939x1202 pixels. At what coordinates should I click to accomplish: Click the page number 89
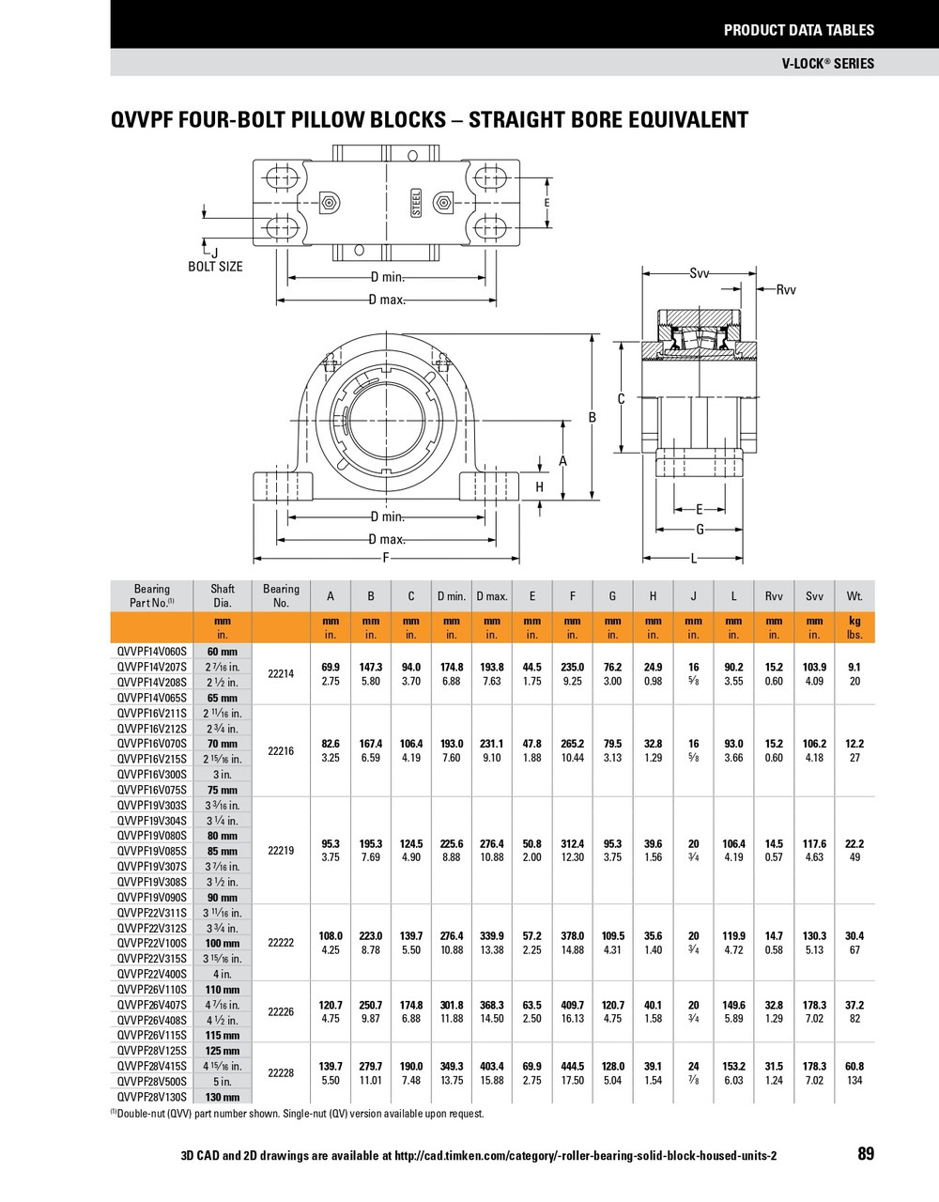pos(865,1153)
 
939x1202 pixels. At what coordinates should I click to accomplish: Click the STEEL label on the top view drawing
pos(416,203)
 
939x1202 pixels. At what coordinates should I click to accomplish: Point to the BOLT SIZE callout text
pos(215,267)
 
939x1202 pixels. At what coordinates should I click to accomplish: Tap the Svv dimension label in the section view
pos(700,273)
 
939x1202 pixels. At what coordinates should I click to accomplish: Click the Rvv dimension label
pos(785,290)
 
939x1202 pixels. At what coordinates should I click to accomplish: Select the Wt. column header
pos(854,596)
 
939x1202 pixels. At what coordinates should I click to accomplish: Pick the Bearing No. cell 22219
pos(281,851)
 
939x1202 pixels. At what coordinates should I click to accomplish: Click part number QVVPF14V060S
pos(152,652)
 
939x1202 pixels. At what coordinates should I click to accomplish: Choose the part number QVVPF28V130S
pos(152,1097)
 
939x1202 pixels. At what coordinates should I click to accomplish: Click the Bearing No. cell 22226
pos(281,1012)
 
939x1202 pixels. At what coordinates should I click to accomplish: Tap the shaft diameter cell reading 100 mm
pos(223,943)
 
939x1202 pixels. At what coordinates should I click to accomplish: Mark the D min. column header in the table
pos(451,596)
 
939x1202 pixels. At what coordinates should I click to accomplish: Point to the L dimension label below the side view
pos(694,559)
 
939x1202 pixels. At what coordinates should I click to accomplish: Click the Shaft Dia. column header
pos(223,596)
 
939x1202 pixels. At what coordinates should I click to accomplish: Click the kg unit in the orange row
pos(854,622)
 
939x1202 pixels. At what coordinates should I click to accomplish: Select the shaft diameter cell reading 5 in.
pos(223,1082)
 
